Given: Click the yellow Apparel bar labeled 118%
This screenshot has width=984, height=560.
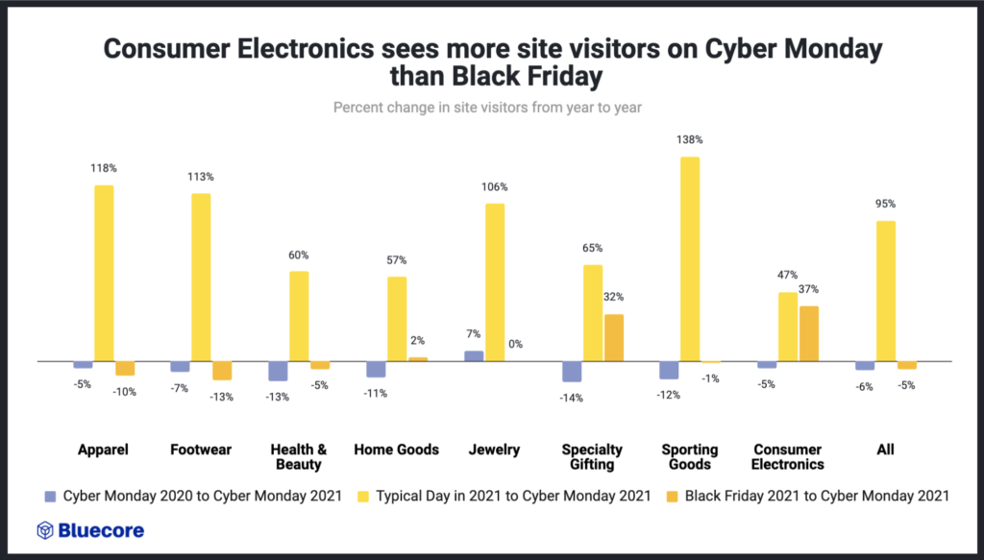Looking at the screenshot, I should coord(104,274).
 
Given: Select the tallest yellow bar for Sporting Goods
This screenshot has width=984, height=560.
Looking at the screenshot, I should coord(690,259).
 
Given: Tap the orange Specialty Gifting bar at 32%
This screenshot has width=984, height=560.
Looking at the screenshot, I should coord(614,337).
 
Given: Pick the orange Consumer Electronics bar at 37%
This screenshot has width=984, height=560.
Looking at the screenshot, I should coord(809,333).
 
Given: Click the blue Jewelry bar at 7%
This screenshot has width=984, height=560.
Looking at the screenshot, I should coord(474,355).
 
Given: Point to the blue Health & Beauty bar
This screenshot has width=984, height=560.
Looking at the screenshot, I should coord(278,371).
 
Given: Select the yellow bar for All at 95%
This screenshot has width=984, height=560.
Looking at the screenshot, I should coord(886,291).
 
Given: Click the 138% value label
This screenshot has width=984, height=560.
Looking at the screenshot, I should coord(690,139).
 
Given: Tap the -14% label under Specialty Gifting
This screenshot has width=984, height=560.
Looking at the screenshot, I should coord(572,398).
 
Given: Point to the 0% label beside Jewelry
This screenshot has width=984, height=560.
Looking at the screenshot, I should coord(515,344).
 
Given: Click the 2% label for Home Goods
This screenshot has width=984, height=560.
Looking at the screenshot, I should coord(417,340).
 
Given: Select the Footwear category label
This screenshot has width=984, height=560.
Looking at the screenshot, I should coord(201,450).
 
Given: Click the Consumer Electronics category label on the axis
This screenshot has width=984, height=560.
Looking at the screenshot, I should coord(788,456).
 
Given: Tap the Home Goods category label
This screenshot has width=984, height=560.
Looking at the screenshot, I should coord(396,450).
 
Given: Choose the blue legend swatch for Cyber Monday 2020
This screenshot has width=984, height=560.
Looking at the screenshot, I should coord(50,497).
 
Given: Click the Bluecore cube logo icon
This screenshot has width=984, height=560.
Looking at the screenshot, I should coord(44,530).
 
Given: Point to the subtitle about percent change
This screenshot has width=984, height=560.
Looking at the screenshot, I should coord(487,108).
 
